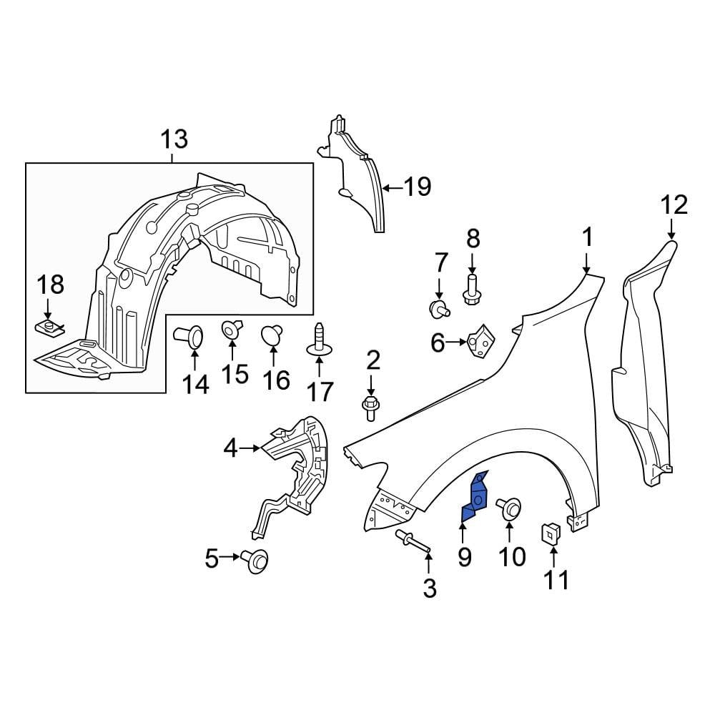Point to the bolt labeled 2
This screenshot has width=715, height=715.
370,407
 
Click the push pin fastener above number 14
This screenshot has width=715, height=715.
189,335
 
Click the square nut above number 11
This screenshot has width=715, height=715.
551,533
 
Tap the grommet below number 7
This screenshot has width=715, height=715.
438,308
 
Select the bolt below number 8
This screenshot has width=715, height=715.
471,290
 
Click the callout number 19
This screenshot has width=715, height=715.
417,187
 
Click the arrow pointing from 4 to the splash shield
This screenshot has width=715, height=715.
250,448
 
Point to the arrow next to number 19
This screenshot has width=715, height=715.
392,188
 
